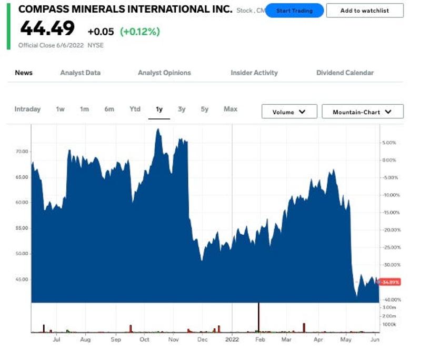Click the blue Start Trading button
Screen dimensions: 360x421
(294, 11)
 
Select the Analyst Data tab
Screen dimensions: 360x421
(80, 73)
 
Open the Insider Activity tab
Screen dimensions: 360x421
(254, 73)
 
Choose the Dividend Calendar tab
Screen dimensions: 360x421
(345, 73)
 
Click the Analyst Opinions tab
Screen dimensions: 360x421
(164, 73)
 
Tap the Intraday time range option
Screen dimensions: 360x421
(27, 109)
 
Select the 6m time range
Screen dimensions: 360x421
(109, 109)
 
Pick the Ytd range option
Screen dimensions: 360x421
(135, 109)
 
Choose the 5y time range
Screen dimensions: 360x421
(205, 109)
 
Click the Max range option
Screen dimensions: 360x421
(230, 109)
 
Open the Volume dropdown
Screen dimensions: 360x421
(289, 112)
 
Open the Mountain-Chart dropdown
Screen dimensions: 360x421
(363, 112)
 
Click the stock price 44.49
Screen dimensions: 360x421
(47, 29)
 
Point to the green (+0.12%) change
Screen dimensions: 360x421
(140, 32)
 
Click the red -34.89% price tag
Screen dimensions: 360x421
(390, 282)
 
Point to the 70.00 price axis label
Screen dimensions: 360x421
(22, 152)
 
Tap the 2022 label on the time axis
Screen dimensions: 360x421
(232, 340)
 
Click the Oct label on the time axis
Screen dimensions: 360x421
(144, 340)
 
